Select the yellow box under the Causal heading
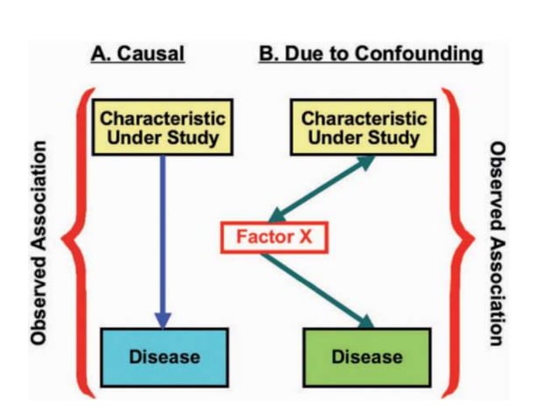pos(162,127)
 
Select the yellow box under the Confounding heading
pos(364,127)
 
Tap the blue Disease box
pos(165,356)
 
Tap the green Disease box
pos(367,356)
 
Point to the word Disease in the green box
pos(367,356)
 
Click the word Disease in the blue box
pos(165,356)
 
